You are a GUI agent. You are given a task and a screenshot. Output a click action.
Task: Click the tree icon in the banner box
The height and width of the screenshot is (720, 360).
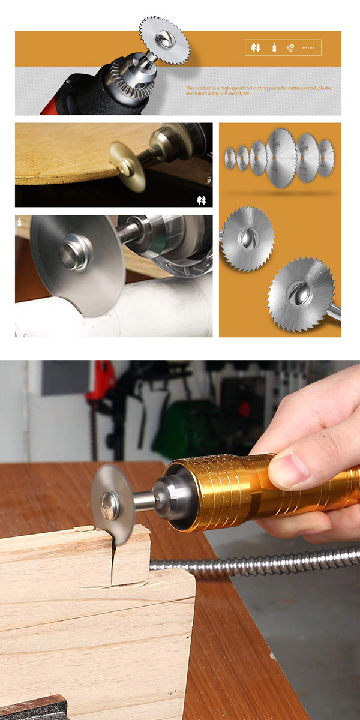pyautogui.click(x=256, y=47)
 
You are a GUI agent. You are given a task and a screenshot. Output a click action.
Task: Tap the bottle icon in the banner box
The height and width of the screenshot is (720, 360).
pyautogui.click(x=274, y=47)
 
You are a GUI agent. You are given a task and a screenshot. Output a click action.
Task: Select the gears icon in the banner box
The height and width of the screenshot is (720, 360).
pyautogui.click(x=290, y=48)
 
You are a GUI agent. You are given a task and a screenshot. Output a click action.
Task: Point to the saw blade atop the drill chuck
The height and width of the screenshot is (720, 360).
pyautogui.click(x=164, y=40)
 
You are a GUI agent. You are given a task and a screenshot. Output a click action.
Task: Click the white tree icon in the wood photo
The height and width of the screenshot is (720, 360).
pyautogui.click(x=202, y=200)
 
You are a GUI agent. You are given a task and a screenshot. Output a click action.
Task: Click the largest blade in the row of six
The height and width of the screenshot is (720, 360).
pyautogui.click(x=281, y=158)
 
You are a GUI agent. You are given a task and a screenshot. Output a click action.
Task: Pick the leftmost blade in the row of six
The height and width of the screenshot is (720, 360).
pyautogui.click(x=230, y=158)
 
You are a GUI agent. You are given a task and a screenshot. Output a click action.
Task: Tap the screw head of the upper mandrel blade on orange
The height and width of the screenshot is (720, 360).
pyautogui.click(x=247, y=238)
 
